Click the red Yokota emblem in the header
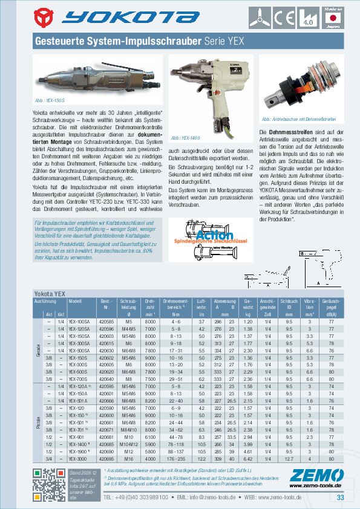point(47,17)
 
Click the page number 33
point(340,498)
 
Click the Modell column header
point(75,300)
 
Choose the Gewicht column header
point(247,304)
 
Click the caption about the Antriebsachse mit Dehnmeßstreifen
point(290,120)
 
